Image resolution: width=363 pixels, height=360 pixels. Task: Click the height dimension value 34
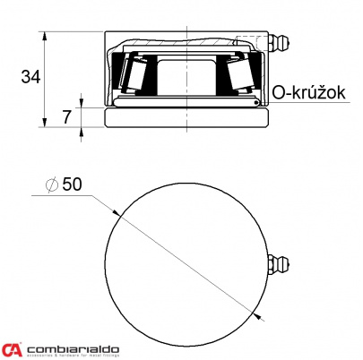pyautogui.click(x=30, y=77)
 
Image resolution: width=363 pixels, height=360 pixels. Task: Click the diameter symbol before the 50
pyautogui.click(x=51, y=184)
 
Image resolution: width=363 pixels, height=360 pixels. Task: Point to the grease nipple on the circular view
pyautogui.click(x=279, y=266)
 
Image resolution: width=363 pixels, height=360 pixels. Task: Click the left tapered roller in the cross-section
pyautogui.click(x=137, y=75)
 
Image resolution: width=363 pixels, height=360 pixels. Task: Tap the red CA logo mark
pyautogui.click(x=13, y=349)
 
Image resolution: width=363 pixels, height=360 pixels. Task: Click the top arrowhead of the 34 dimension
pyautogui.click(x=45, y=36)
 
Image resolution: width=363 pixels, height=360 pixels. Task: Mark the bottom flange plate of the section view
pyautogui.click(x=186, y=117)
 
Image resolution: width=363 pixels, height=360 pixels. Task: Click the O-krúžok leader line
pyautogui.click(x=269, y=103)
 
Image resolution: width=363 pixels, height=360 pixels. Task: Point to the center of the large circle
pyautogui.click(x=187, y=264)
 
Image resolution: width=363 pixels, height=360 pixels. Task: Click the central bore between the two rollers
pyautogui.click(x=186, y=76)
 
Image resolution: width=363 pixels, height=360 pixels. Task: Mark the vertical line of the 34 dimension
pyautogui.click(x=45, y=81)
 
